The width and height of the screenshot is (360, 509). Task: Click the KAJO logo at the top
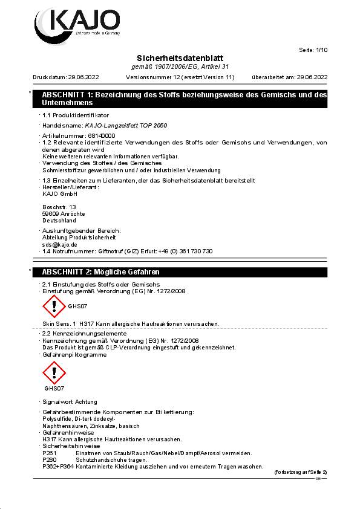[x=77, y=22]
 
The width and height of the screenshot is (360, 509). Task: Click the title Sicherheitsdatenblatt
[x=180, y=57]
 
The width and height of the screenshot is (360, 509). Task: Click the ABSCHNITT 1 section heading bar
[x=181, y=99]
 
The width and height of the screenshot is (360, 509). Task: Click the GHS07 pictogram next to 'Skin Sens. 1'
[x=54, y=306]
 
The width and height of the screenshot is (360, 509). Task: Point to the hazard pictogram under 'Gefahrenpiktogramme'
[x=54, y=374]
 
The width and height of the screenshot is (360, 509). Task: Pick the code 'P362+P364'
[x=58, y=467]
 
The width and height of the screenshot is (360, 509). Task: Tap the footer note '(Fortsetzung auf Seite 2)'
[x=300, y=472]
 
